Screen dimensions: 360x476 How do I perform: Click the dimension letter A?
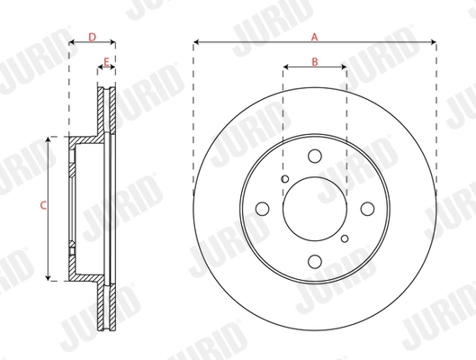pyautogui.click(x=315, y=37)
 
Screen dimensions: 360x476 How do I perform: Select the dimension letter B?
pyautogui.click(x=314, y=61)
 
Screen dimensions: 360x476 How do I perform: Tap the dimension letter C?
pyautogui.click(x=41, y=207)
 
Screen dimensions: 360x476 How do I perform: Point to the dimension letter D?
pyautogui.click(x=92, y=37)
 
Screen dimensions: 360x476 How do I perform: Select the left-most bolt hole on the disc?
pyautogui.click(x=263, y=209)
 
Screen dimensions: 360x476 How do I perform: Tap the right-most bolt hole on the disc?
pyautogui.click(x=367, y=209)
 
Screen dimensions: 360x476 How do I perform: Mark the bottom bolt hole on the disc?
pyautogui.click(x=314, y=262)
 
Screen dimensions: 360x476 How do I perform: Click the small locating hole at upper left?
pyautogui.click(x=284, y=179)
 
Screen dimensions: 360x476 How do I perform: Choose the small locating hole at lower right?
pyautogui.click(x=345, y=238)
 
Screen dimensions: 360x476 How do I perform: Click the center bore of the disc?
pyautogui.click(x=314, y=209)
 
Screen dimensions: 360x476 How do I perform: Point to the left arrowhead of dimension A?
pyautogui.click(x=196, y=42)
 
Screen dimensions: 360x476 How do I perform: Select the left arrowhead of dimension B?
pyautogui.click(x=285, y=67)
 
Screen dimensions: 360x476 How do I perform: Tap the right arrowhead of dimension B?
pyautogui.click(x=345, y=67)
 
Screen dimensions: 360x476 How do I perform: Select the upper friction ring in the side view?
pyautogui.click(x=107, y=112)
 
